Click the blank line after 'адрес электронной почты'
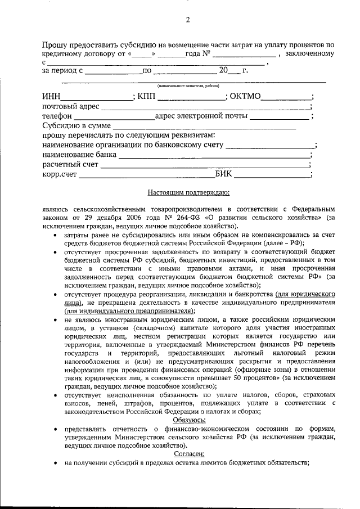(279, 118)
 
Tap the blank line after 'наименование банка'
(214, 155)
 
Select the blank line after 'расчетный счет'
(205, 166)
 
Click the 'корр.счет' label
(59, 175)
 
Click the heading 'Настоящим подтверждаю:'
(188, 193)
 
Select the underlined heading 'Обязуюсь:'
(188, 421)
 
